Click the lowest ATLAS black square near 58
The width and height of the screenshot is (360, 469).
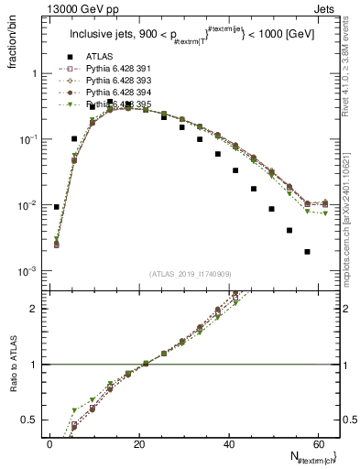coord(307,251)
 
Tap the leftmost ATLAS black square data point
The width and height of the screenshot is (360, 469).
coord(57,207)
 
